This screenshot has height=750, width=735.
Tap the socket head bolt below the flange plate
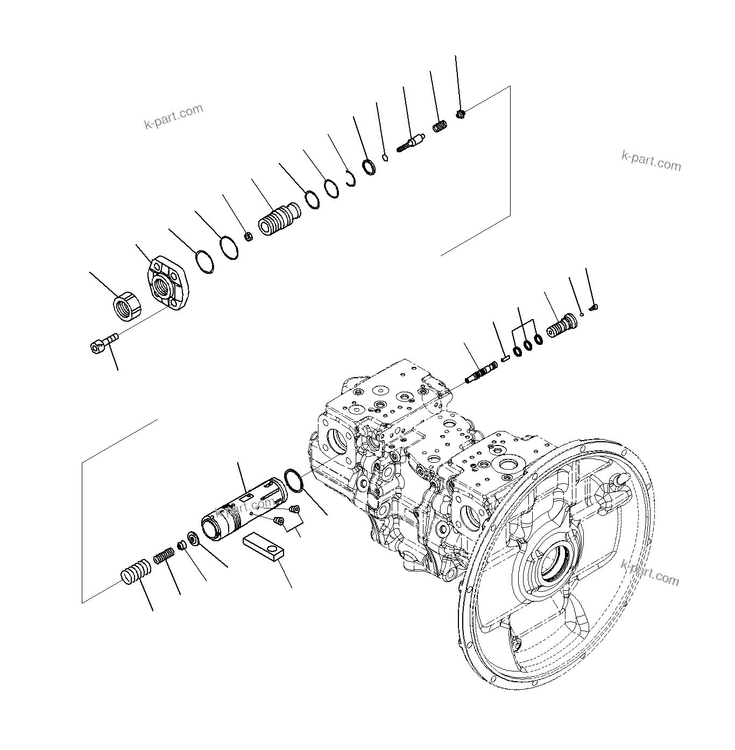click(103, 343)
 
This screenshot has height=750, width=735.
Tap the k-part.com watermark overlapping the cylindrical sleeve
click(245, 506)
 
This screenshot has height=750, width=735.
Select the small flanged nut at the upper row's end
click(460, 113)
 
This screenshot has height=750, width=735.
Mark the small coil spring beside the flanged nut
click(440, 128)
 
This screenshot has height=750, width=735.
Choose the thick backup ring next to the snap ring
click(370, 167)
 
